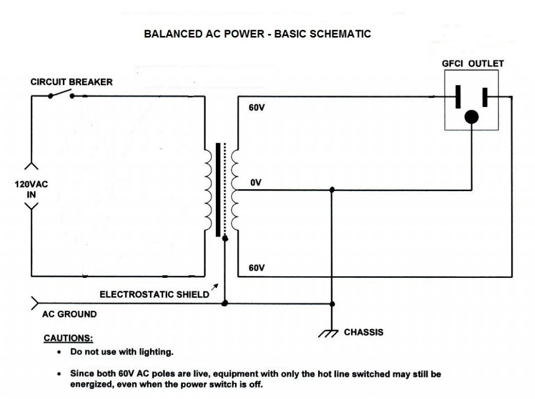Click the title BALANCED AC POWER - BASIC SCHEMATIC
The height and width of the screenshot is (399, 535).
pos(257,34)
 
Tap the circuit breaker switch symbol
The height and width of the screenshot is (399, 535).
pos(61,94)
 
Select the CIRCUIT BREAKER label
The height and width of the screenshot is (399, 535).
pos(71,82)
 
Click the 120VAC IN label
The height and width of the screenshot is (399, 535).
pos(31,190)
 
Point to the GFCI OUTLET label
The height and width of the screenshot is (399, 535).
pos(473,64)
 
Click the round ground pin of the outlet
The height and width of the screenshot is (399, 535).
pos(472,116)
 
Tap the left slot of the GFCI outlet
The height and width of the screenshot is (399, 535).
pos(458,97)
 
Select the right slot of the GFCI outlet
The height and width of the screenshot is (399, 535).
pos(485,97)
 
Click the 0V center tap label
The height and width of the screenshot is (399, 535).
pos(256,183)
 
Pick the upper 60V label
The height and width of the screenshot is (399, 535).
pos(257,109)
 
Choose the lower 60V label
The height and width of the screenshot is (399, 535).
pos(257,268)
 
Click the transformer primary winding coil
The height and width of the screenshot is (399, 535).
pos(207,190)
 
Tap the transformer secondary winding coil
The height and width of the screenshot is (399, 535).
pos(234,190)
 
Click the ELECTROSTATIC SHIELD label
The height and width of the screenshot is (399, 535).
pos(154,295)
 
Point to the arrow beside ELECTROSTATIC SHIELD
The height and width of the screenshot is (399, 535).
pos(214,287)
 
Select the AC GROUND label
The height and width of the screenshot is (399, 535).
pos(69,314)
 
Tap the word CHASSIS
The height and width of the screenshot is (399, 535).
pos(364,332)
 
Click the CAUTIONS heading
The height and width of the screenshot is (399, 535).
pos(68,338)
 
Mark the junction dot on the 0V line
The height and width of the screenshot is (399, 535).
pos(332,190)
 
